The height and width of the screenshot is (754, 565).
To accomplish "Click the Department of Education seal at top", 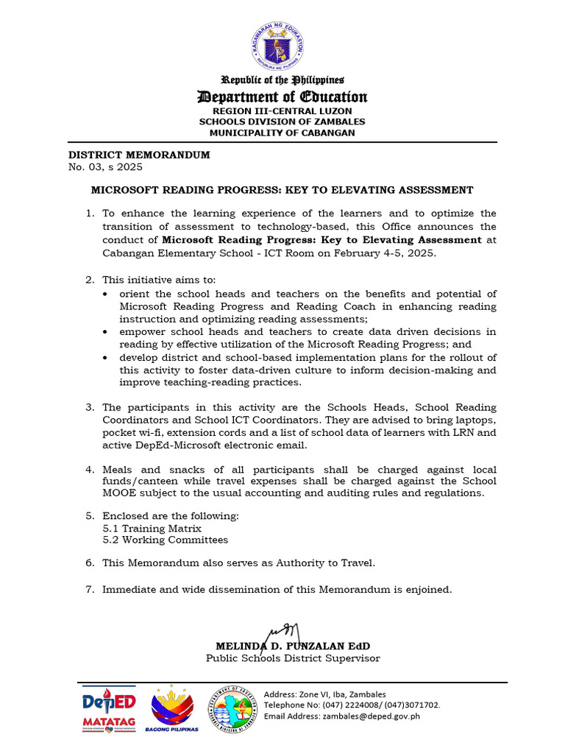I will pyautogui.click(x=282, y=46).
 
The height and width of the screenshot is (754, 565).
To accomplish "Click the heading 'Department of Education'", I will pyautogui.click(x=282, y=97).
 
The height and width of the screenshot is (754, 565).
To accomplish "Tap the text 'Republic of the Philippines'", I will pyautogui.click(x=282, y=80).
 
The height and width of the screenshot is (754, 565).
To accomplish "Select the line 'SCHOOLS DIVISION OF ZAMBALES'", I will pyautogui.click(x=282, y=121).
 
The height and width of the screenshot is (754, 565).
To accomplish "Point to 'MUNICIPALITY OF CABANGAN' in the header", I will pyautogui.click(x=282, y=133).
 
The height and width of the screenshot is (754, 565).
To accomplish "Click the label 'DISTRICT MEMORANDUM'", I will pyautogui.click(x=139, y=155).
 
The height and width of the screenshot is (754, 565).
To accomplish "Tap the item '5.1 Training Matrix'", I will pyautogui.click(x=152, y=528).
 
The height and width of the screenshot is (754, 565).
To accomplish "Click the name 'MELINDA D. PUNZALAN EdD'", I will pyautogui.click(x=282, y=646).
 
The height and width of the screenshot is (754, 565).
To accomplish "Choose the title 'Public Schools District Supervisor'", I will pyautogui.click(x=292, y=658).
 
